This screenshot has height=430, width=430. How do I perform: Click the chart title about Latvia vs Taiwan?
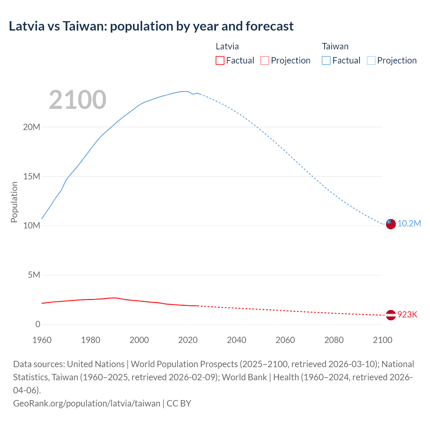point(151,26)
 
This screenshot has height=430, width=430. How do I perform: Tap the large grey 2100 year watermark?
point(78,100)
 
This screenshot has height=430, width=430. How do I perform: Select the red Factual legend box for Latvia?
point(220,60)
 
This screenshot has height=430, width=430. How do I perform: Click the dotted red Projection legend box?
point(265,60)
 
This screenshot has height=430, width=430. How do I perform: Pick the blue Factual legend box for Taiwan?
point(326,60)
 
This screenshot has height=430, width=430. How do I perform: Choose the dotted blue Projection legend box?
point(371,60)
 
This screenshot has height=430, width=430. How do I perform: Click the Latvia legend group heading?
point(227,46)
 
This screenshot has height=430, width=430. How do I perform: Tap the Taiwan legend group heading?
point(335,46)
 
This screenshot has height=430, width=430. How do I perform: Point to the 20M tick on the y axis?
point(32,127)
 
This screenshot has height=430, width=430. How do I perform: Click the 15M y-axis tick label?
point(32,176)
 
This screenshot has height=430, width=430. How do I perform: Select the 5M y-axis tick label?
point(34,275)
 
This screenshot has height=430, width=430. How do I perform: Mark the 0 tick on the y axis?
point(38,324)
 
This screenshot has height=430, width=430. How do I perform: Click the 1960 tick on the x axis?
point(42,340)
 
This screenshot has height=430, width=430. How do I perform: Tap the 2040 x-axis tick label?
point(236,340)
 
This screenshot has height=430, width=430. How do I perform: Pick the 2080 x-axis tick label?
point(334,340)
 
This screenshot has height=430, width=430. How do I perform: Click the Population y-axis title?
point(14,202)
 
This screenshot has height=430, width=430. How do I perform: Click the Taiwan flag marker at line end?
point(391,224)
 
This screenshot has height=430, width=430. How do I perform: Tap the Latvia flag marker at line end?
point(391,315)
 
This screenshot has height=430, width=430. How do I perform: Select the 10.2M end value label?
point(409,224)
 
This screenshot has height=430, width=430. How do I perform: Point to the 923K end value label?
point(407,315)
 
